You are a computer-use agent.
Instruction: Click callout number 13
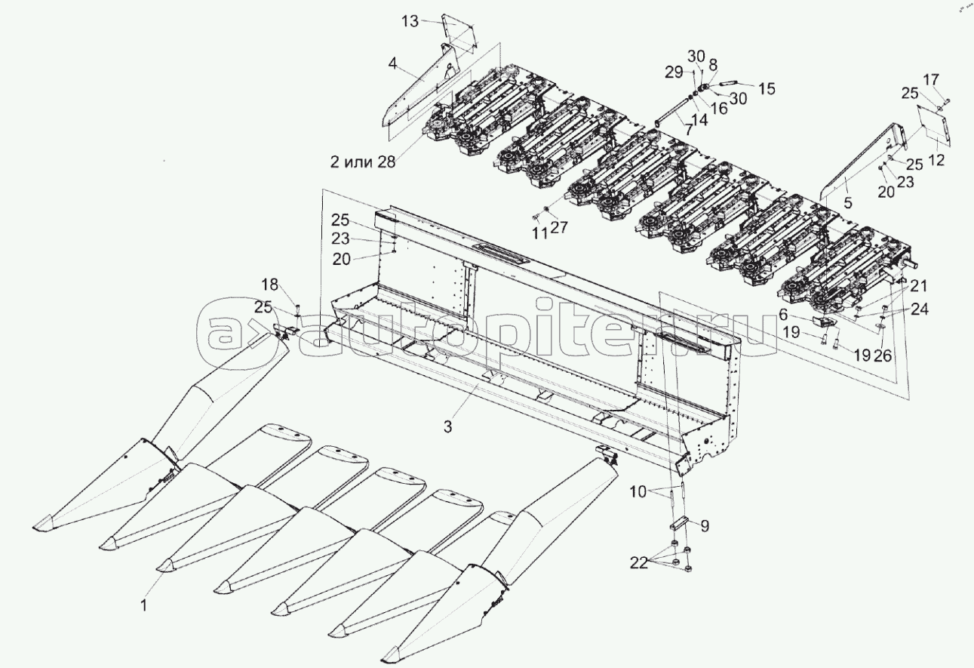pos(410,21)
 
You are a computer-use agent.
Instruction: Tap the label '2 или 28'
pos(363,162)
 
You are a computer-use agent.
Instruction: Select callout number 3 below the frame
pos(448,426)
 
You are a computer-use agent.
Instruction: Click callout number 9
pos(705,526)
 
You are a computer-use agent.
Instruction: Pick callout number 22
pos(639,563)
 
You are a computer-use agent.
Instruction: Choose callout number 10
pos(638,492)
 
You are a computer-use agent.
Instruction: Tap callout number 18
pos(269,285)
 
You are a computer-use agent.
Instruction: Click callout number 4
pos(392,64)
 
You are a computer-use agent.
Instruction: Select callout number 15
pos(767,89)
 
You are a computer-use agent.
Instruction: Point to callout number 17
pos(931,79)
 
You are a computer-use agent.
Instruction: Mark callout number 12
pos(936,160)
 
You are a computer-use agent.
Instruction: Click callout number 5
pos(848,202)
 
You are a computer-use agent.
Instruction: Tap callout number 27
pos(559,227)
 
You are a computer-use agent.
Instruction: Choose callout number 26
pos(883,356)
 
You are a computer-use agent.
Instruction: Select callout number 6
pos(783,313)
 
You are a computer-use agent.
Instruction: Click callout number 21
pos(919,286)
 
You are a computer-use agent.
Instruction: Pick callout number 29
pos(674,72)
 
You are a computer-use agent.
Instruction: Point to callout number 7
pos(689,129)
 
